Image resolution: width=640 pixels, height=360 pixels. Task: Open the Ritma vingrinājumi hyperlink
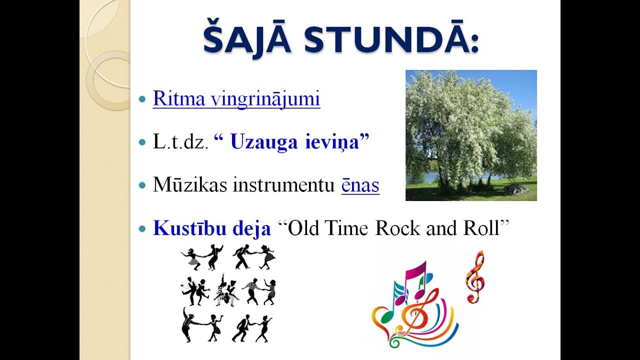(x=236, y=99)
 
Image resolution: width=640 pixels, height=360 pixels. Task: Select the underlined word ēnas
(x=360, y=185)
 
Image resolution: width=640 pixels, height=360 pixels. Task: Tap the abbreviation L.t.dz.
(x=180, y=142)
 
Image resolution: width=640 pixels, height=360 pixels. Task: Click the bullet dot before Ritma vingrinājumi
(x=142, y=99)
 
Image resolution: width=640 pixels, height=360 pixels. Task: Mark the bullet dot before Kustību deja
(x=142, y=229)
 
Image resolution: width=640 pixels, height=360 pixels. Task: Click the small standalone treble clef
(x=474, y=276)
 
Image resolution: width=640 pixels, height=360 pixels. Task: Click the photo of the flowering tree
(x=470, y=135)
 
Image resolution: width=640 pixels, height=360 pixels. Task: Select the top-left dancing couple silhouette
(x=202, y=257)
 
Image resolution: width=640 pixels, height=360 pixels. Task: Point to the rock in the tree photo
(x=516, y=189)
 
